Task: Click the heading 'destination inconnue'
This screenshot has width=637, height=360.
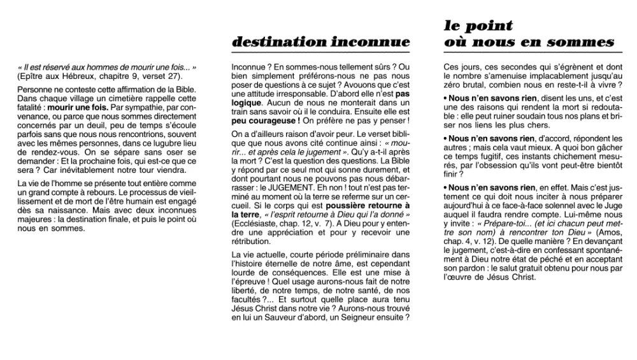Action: point(321,43)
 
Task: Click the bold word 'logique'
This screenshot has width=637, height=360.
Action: point(246,102)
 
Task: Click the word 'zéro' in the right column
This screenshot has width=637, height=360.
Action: point(454,85)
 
